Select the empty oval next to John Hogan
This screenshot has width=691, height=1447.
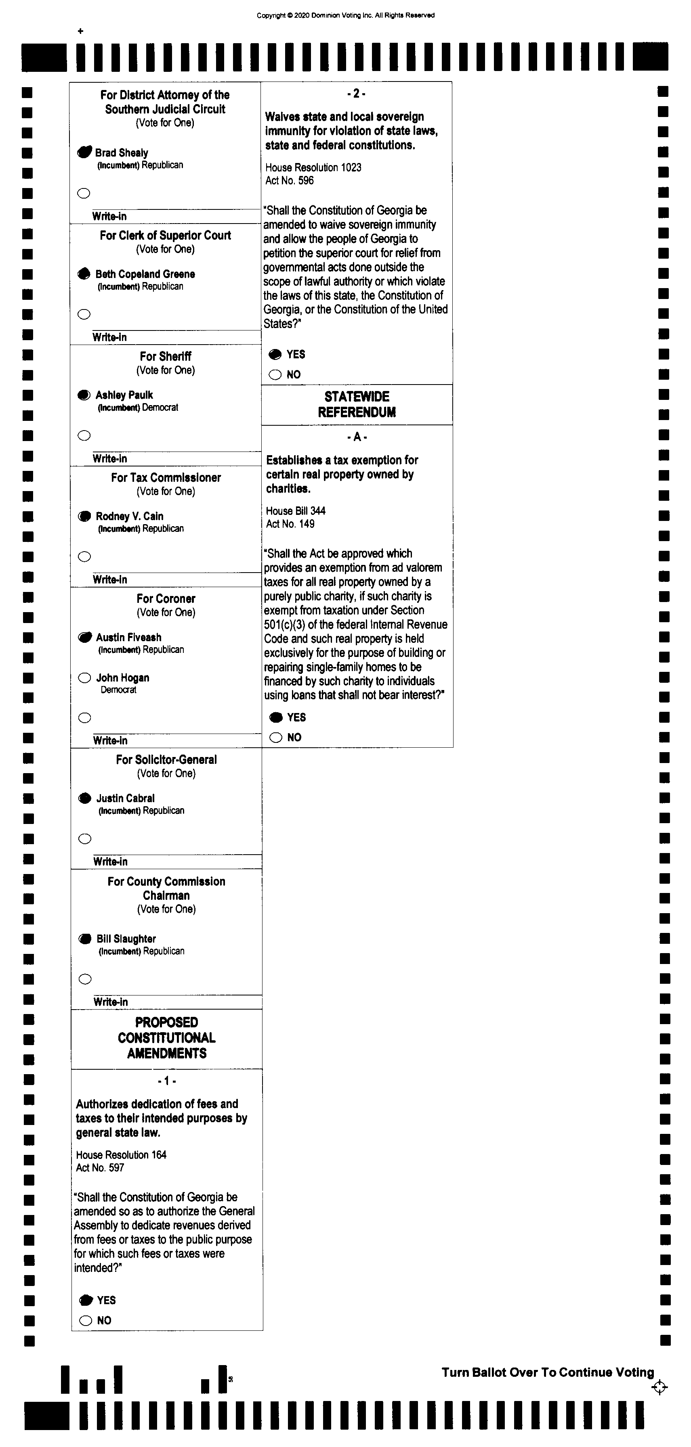84,678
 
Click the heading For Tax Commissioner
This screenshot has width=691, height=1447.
166,477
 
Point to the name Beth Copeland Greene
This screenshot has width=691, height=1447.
145,274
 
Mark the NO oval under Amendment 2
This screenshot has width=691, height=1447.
275,375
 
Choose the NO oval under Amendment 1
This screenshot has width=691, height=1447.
86,1321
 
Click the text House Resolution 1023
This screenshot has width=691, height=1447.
313,167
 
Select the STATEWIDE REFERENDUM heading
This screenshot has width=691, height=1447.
357,404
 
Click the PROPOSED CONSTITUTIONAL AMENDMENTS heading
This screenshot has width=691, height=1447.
166,1037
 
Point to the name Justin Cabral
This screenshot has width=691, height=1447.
125,798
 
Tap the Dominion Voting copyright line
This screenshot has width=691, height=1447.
345,15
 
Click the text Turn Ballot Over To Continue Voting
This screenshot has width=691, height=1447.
548,1372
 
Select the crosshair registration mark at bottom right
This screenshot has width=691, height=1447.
659,1387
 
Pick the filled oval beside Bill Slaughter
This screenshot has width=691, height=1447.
85,939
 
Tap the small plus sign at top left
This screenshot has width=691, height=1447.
80,31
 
